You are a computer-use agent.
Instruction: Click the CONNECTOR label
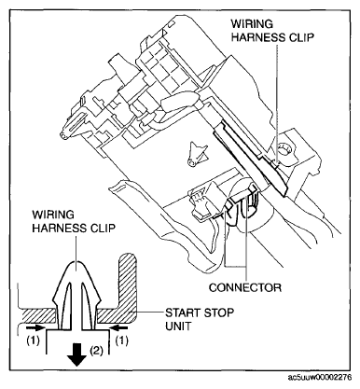(245, 287)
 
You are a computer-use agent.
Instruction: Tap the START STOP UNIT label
(200, 319)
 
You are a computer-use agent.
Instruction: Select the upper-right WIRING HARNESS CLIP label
(272, 31)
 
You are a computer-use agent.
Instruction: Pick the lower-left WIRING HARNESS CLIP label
(74, 221)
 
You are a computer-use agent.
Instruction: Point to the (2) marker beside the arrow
(96, 350)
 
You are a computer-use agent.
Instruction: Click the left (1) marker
(33, 341)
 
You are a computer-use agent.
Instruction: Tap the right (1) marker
(122, 341)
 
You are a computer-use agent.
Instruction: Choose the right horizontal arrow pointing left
(118, 327)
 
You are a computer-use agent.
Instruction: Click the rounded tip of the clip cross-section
(76, 263)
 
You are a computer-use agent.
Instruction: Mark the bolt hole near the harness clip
(284, 148)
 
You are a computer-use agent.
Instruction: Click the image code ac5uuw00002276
(320, 378)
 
